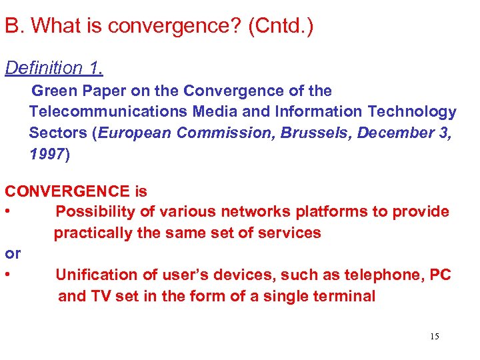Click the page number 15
tap(435, 337)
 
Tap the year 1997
tap(47, 155)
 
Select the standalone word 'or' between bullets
tap(13, 253)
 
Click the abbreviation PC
tap(440, 275)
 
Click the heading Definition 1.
tap(54, 68)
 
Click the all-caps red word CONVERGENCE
tap(67, 191)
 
